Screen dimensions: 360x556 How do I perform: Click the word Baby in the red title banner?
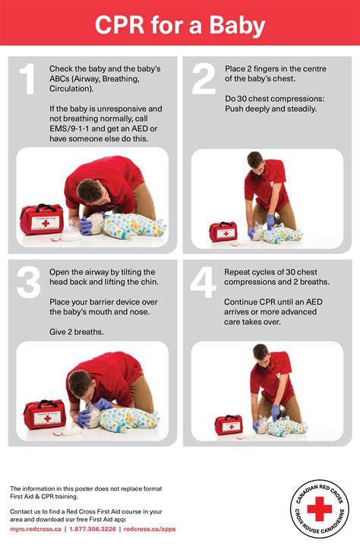(237, 26)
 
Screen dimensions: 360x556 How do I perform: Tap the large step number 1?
(27, 79)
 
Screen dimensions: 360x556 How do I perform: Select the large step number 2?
(204, 79)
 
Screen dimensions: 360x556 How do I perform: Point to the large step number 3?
(28, 283)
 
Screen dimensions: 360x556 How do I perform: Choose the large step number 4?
(203, 283)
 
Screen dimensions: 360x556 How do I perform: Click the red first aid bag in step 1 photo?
(42, 220)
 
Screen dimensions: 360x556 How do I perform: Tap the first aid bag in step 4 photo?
(229, 425)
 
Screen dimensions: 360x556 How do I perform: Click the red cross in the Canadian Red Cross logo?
(319, 509)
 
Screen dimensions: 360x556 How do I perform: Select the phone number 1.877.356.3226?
(93, 529)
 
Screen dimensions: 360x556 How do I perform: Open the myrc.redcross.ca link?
(36, 529)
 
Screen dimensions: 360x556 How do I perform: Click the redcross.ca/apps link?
(150, 529)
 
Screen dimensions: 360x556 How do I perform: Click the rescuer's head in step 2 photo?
(255, 161)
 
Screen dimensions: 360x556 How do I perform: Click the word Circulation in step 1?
(71, 89)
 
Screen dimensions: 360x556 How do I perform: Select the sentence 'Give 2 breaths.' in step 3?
(76, 332)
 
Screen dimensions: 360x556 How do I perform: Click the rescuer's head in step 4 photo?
(261, 353)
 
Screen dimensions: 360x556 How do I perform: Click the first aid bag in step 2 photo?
(223, 232)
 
